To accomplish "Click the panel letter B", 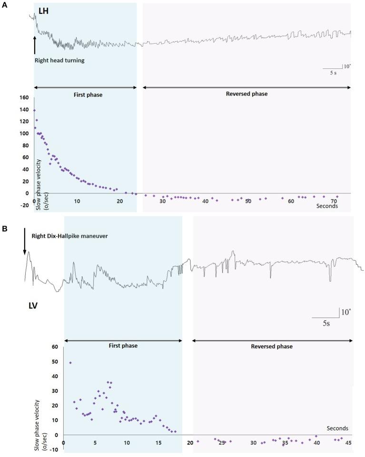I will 4,228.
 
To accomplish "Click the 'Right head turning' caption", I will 59,61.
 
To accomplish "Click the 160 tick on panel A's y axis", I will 25,98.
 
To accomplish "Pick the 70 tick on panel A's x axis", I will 334,201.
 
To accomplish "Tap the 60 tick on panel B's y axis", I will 54,347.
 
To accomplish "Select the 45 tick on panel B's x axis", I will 349,443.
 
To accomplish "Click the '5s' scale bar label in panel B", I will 324,324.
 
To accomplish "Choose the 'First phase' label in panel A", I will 89,95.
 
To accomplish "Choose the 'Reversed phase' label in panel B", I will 271,346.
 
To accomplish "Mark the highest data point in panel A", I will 34,110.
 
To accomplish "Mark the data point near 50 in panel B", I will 70,363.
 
